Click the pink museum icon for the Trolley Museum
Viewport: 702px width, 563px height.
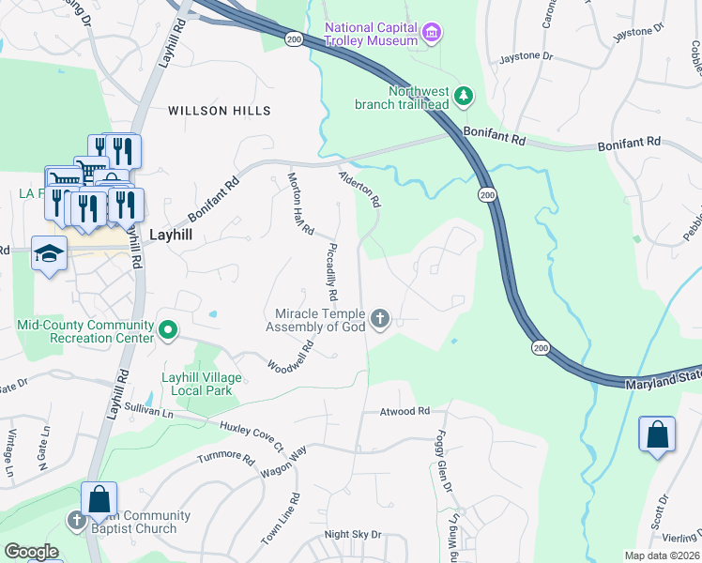(x=432, y=35)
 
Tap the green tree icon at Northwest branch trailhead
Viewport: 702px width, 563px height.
(x=463, y=96)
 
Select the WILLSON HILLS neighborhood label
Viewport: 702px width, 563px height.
(x=220, y=111)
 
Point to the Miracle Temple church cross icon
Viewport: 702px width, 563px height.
(x=380, y=320)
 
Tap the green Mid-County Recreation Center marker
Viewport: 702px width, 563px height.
(x=168, y=329)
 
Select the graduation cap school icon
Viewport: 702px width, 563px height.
(x=49, y=253)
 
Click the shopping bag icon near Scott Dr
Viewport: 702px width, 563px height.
(x=657, y=435)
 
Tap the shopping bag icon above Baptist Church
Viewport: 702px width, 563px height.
(x=99, y=500)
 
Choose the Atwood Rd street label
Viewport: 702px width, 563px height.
(x=404, y=411)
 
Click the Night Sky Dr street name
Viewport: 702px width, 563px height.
(x=353, y=535)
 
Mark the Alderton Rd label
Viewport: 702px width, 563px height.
(x=360, y=188)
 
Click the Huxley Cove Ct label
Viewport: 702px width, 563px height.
(x=251, y=435)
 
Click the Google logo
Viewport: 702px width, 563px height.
(x=31, y=552)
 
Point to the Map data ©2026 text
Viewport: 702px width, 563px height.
(x=662, y=555)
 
